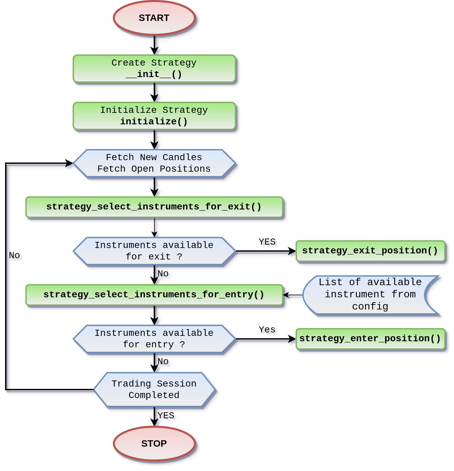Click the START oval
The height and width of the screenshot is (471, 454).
click(x=154, y=18)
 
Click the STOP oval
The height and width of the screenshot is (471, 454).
click(x=154, y=443)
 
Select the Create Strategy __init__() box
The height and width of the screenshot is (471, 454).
click(x=154, y=68)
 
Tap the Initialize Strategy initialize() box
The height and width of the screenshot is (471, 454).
click(x=154, y=116)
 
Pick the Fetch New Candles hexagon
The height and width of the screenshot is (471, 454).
click(x=154, y=163)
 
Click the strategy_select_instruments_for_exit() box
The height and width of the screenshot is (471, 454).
click(x=154, y=207)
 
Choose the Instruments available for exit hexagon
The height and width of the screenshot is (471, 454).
click(x=154, y=251)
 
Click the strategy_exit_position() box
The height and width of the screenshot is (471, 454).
click(x=370, y=251)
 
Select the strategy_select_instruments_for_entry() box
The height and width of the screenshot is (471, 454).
click(x=154, y=295)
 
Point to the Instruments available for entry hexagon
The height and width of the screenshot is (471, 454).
click(x=154, y=339)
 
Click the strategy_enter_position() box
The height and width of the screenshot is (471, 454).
click(x=370, y=339)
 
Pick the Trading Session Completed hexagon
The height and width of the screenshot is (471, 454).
click(x=154, y=389)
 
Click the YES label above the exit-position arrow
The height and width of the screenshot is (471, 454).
click(x=267, y=242)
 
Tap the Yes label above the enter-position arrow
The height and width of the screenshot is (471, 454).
click(x=267, y=330)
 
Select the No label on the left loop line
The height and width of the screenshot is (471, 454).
click(x=15, y=255)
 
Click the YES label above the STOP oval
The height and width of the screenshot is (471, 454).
click(x=166, y=415)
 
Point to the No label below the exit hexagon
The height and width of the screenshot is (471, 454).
click(x=163, y=274)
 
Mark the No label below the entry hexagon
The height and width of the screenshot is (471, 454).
click(x=163, y=362)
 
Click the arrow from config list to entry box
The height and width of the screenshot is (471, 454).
click(x=293, y=296)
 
